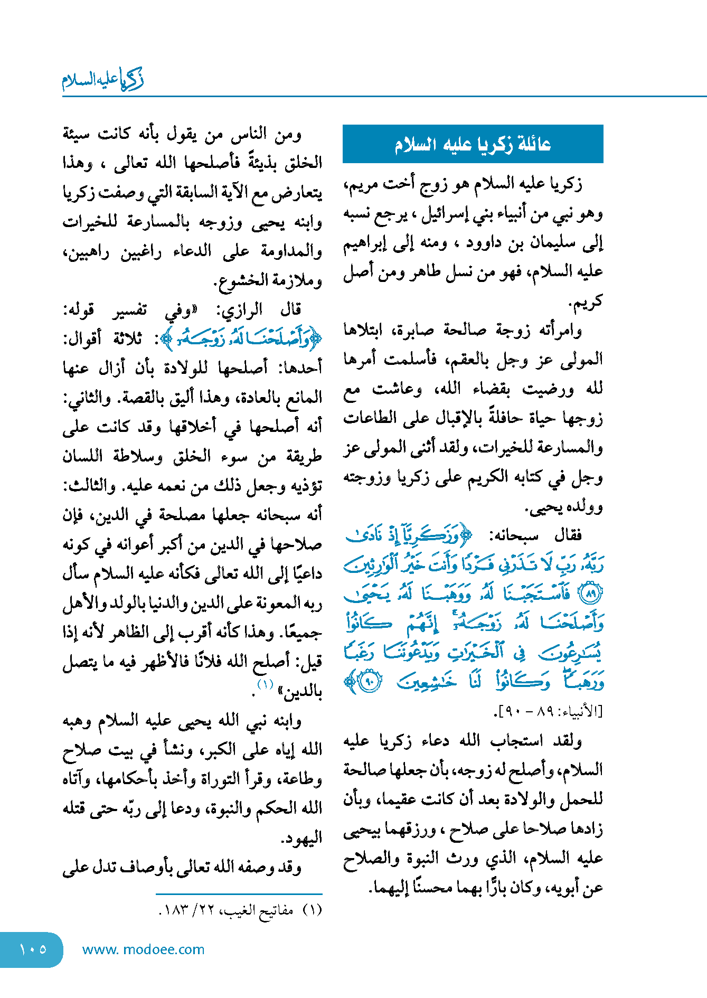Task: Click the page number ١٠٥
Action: (x=33, y=949)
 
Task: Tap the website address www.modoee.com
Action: (x=143, y=949)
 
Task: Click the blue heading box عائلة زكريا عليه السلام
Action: (x=473, y=144)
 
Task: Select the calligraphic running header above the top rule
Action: (x=103, y=80)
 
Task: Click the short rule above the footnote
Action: (x=239, y=894)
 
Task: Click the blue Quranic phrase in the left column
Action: (x=241, y=340)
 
